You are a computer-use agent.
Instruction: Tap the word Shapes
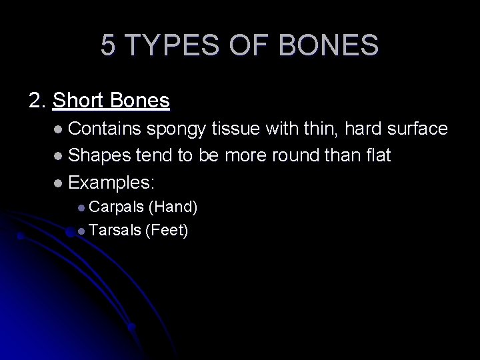99,157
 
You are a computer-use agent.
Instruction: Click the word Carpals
116,207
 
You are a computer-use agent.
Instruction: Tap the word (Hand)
173,207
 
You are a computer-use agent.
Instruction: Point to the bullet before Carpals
81,208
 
